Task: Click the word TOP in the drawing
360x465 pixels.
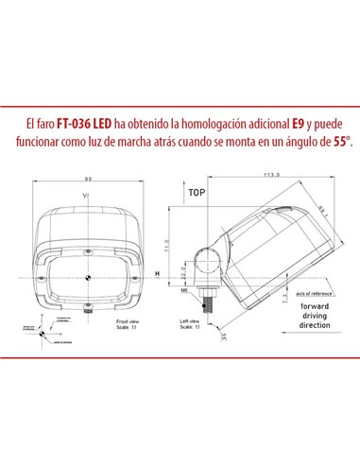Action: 197,191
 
